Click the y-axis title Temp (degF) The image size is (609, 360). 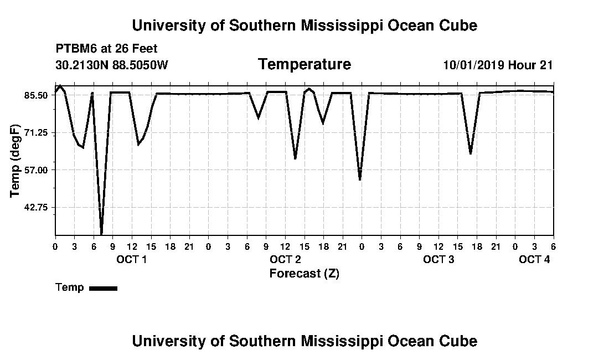click(x=15, y=161)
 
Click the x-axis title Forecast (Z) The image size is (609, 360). click(x=304, y=274)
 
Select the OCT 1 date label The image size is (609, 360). click(x=132, y=259)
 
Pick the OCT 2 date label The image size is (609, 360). click(x=286, y=259)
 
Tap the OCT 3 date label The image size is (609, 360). click(x=438, y=259)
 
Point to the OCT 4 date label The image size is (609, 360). click(x=534, y=259)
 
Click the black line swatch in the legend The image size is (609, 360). click(x=104, y=289)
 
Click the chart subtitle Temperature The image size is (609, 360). click(x=304, y=64)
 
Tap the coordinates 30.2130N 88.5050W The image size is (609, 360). click(x=112, y=65)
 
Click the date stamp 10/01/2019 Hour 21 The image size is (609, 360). click(x=498, y=65)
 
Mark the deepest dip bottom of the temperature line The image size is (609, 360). click(x=102, y=234)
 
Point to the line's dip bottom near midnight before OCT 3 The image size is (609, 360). click(x=360, y=179)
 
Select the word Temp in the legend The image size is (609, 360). click(x=70, y=288)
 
